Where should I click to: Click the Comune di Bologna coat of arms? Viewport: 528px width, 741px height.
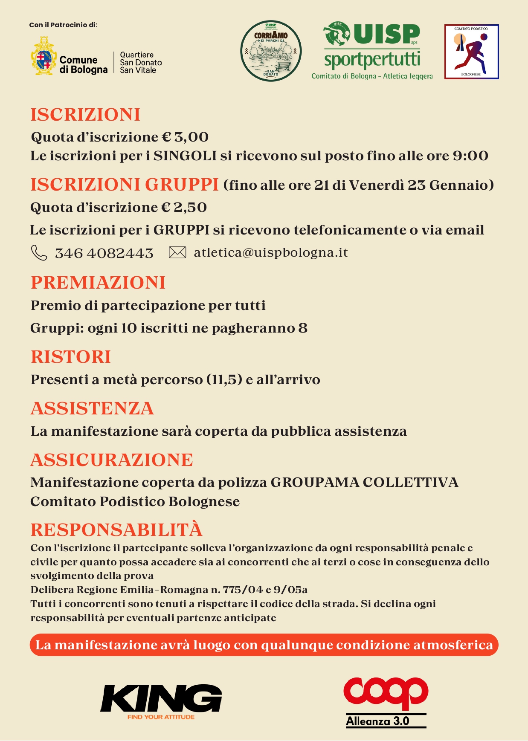pyautogui.click(x=44, y=56)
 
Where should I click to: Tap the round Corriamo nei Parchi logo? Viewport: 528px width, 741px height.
pyautogui.click(x=271, y=51)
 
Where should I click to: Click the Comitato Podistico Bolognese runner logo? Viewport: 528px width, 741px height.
pyautogui.click(x=471, y=52)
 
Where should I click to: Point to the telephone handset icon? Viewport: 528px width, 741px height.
pyautogui.click(x=39, y=252)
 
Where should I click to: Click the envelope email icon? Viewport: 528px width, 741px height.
pyautogui.click(x=177, y=252)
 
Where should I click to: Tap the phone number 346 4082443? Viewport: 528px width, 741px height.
pyautogui.click(x=104, y=253)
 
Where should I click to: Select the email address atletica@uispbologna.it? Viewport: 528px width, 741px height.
pyautogui.click(x=271, y=252)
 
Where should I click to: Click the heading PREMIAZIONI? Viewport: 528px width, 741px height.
pyautogui.click(x=98, y=283)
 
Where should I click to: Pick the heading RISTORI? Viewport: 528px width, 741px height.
pyautogui.click(x=71, y=357)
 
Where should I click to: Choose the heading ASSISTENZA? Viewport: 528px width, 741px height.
pyautogui.click(x=92, y=408)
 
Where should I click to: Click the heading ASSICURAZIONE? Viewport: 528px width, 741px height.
pyautogui.click(x=112, y=460)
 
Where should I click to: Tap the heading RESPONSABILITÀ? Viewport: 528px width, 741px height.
pyautogui.click(x=116, y=530)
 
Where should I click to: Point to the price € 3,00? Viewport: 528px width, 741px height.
pyautogui.click(x=185, y=137)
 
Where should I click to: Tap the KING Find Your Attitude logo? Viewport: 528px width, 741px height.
pyautogui.click(x=161, y=701)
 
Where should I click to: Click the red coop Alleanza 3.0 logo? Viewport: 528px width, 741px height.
pyautogui.click(x=386, y=702)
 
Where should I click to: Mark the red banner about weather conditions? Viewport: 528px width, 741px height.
pyautogui.click(x=264, y=645)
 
